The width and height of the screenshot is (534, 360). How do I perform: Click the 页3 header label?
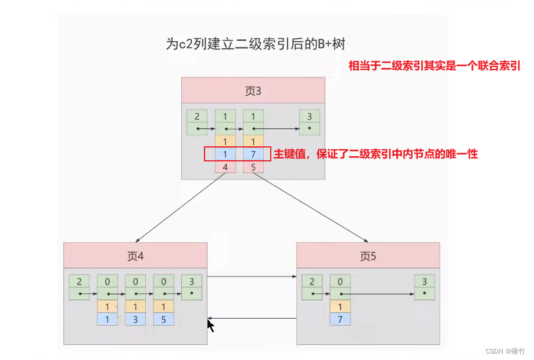coord(253,91)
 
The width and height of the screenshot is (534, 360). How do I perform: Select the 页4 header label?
coord(135,256)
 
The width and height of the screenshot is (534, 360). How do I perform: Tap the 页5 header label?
coord(368,256)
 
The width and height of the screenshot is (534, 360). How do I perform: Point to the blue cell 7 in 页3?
coord(253,154)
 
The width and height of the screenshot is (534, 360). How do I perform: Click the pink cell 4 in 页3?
coord(225,167)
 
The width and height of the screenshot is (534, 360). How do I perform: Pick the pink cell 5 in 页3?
coord(253,167)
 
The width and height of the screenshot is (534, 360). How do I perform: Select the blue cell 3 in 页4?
coord(135,319)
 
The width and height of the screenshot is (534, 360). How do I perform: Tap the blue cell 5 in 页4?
coord(163,319)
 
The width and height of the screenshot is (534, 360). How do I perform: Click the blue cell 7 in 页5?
coord(340,319)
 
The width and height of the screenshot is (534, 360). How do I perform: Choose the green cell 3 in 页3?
coord(310,116)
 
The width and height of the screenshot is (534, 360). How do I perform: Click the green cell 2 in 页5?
coord(312,282)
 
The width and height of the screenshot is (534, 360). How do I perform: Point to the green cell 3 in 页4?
coord(191,282)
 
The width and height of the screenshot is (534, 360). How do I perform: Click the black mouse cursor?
coord(210,325)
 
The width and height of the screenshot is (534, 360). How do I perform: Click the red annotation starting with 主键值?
coord(375,154)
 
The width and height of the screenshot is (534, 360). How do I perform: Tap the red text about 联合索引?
coord(433,66)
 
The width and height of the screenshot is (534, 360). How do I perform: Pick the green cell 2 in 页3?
coord(197,116)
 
